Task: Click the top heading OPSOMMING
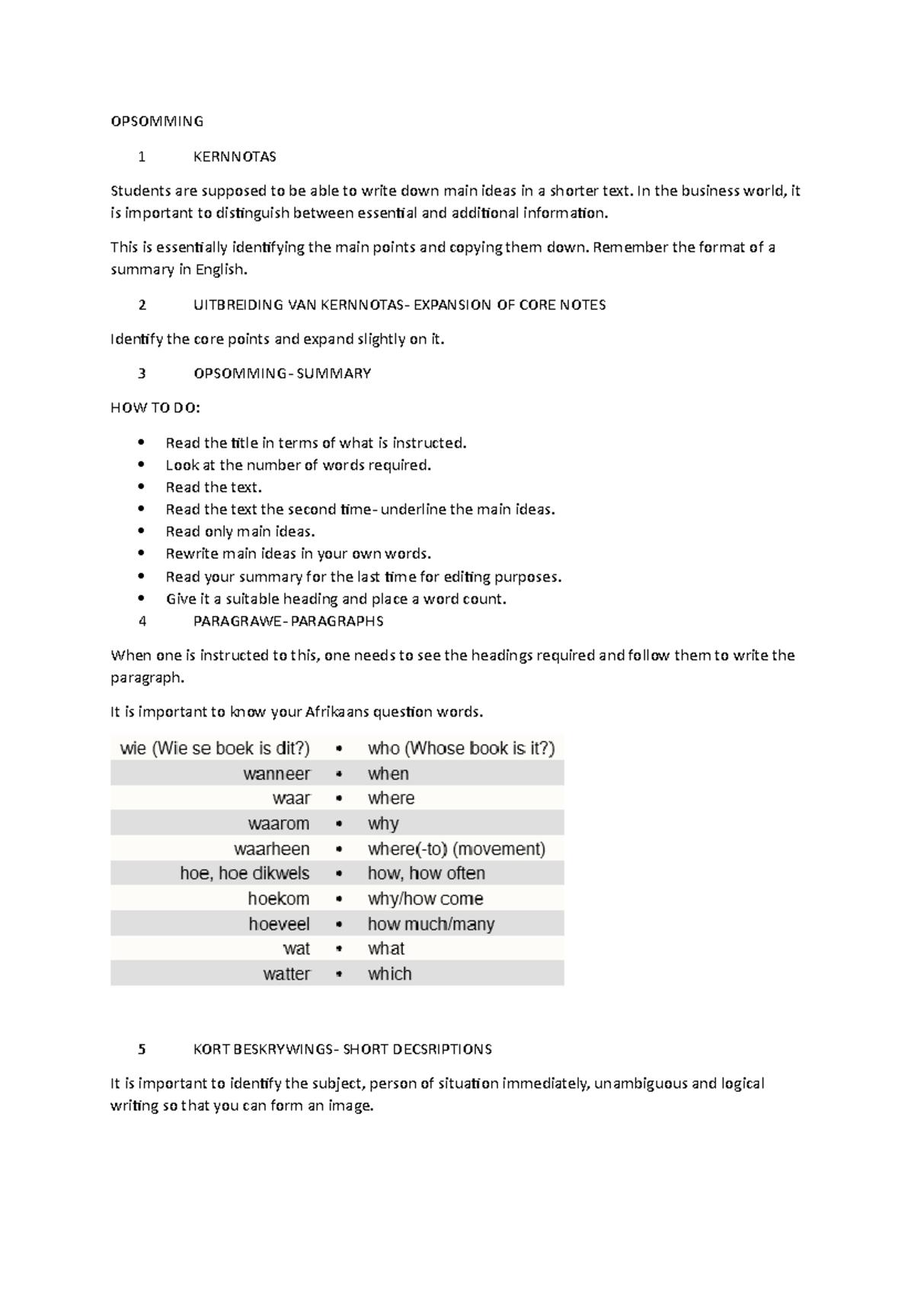tap(157, 121)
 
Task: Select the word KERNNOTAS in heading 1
tap(235, 157)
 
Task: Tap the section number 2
tap(142, 305)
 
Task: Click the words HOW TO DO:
tap(155, 408)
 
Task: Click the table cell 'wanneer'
tap(276, 774)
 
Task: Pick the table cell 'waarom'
tap(279, 824)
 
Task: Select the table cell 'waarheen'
tap(272, 849)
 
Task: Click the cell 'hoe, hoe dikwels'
tap(244, 873)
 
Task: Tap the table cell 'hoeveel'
tap(279, 924)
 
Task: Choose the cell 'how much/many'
tap(431, 924)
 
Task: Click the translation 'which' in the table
tap(389, 974)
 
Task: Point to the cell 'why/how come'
tap(425, 899)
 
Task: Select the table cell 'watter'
tap(286, 974)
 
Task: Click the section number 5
tap(142, 1049)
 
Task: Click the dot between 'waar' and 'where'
tap(339, 799)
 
